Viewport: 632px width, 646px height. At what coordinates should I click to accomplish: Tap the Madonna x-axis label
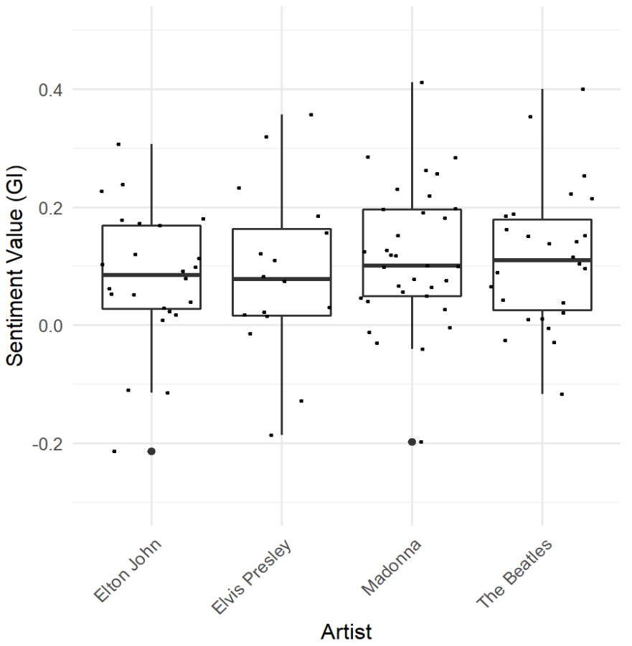tap(390, 571)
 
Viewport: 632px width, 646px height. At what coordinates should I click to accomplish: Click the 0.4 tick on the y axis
tap(51, 90)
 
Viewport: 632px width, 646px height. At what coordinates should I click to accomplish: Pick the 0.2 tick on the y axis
tap(51, 208)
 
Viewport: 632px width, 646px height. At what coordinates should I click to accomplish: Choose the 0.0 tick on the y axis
tap(51, 326)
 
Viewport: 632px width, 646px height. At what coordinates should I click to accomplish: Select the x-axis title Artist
tap(346, 632)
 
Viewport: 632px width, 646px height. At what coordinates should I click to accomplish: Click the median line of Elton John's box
tap(151, 275)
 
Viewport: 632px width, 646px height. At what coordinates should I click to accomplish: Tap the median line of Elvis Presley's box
tap(281, 278)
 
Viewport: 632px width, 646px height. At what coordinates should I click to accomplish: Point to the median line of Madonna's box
tap(412, 265)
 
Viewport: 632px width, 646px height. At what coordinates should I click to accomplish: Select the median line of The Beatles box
tap(542, 260)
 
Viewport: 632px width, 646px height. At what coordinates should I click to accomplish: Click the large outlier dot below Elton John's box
tap(151, 451)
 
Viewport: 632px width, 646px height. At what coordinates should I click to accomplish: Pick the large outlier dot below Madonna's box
tap(412, 442)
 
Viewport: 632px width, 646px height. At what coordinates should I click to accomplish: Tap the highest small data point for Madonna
tap(422, 82)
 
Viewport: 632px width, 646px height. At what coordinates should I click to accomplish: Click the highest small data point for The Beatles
tap(583, 89)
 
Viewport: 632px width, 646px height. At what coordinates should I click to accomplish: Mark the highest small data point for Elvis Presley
tap(311, 115)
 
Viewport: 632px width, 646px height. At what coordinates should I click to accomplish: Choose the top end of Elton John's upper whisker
tap(151, 145)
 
